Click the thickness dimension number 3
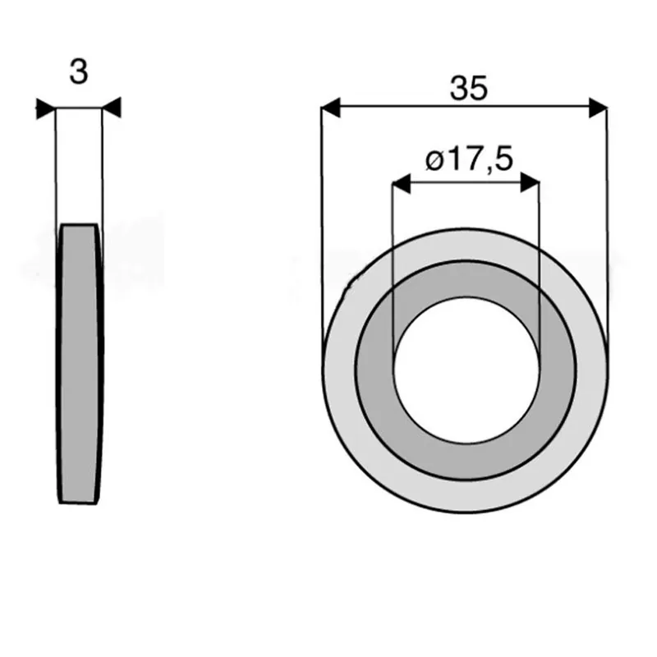coord(79,71)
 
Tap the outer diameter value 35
coord(469,89)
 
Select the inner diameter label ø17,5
coord(469,159)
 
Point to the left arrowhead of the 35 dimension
coord(331,108)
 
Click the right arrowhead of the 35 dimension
coord(598,108)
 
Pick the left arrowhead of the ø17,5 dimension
coord(401,183)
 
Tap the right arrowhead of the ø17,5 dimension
coord(530,182)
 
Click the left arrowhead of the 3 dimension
coord(46,109)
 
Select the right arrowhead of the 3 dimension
coord(112,108)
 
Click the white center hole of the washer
coord(466,370)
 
